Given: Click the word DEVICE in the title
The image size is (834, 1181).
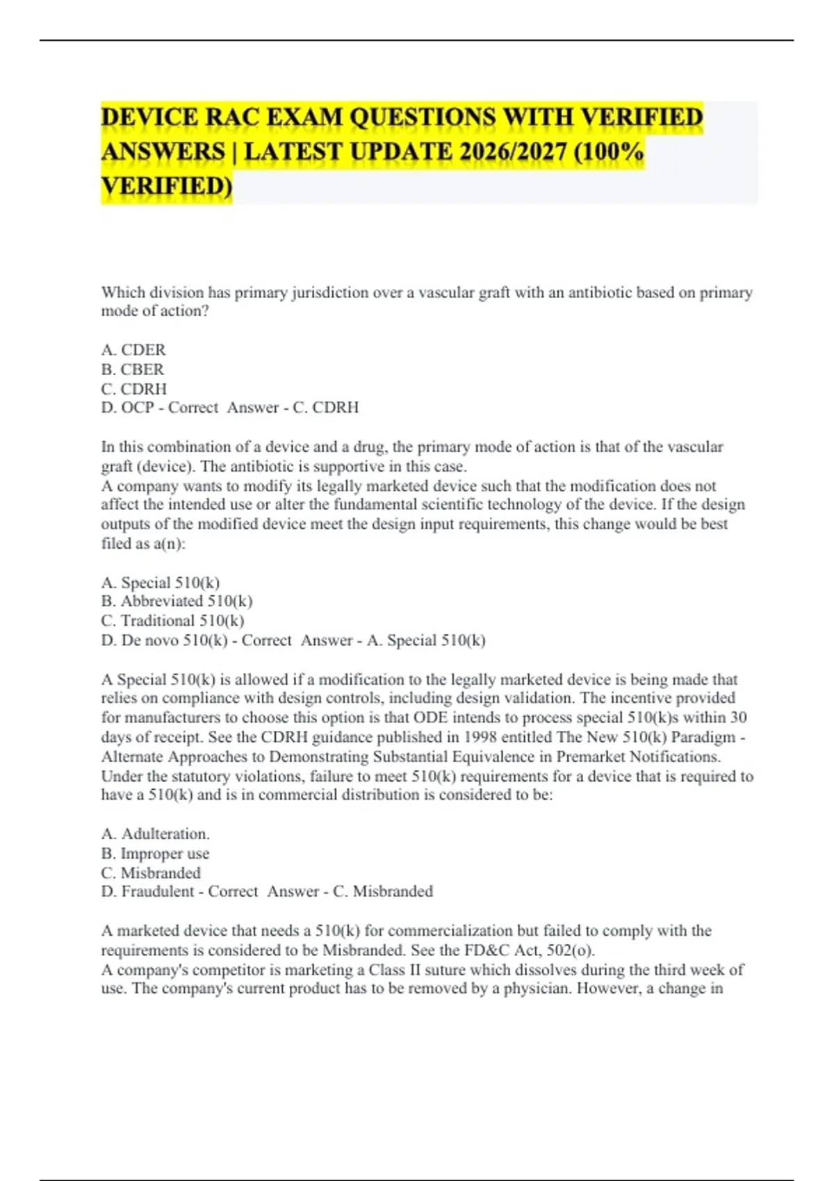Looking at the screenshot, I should point(149,117).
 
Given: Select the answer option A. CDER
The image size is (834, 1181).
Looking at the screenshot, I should point(133,349).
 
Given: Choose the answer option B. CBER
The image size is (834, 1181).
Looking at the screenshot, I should point(133,369).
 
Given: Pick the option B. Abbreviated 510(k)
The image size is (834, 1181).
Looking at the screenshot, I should point(177,601).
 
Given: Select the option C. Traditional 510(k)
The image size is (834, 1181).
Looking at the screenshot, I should point(172,620).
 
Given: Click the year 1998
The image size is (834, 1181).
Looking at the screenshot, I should point(482,737).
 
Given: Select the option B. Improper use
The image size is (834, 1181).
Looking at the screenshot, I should point(155,853).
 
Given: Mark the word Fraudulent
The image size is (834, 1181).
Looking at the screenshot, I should point(158,891).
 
